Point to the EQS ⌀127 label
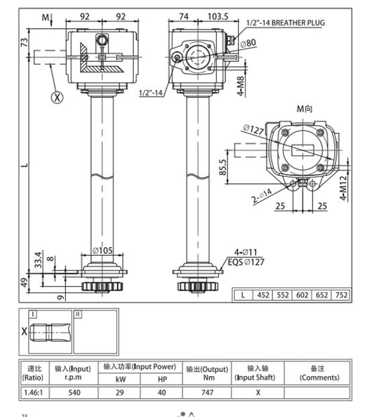pyautogui.click(x=247, y=262)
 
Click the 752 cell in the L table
pyautogui.click(x=342, y=294)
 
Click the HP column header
pyautogui.click(x=160, y=379)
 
